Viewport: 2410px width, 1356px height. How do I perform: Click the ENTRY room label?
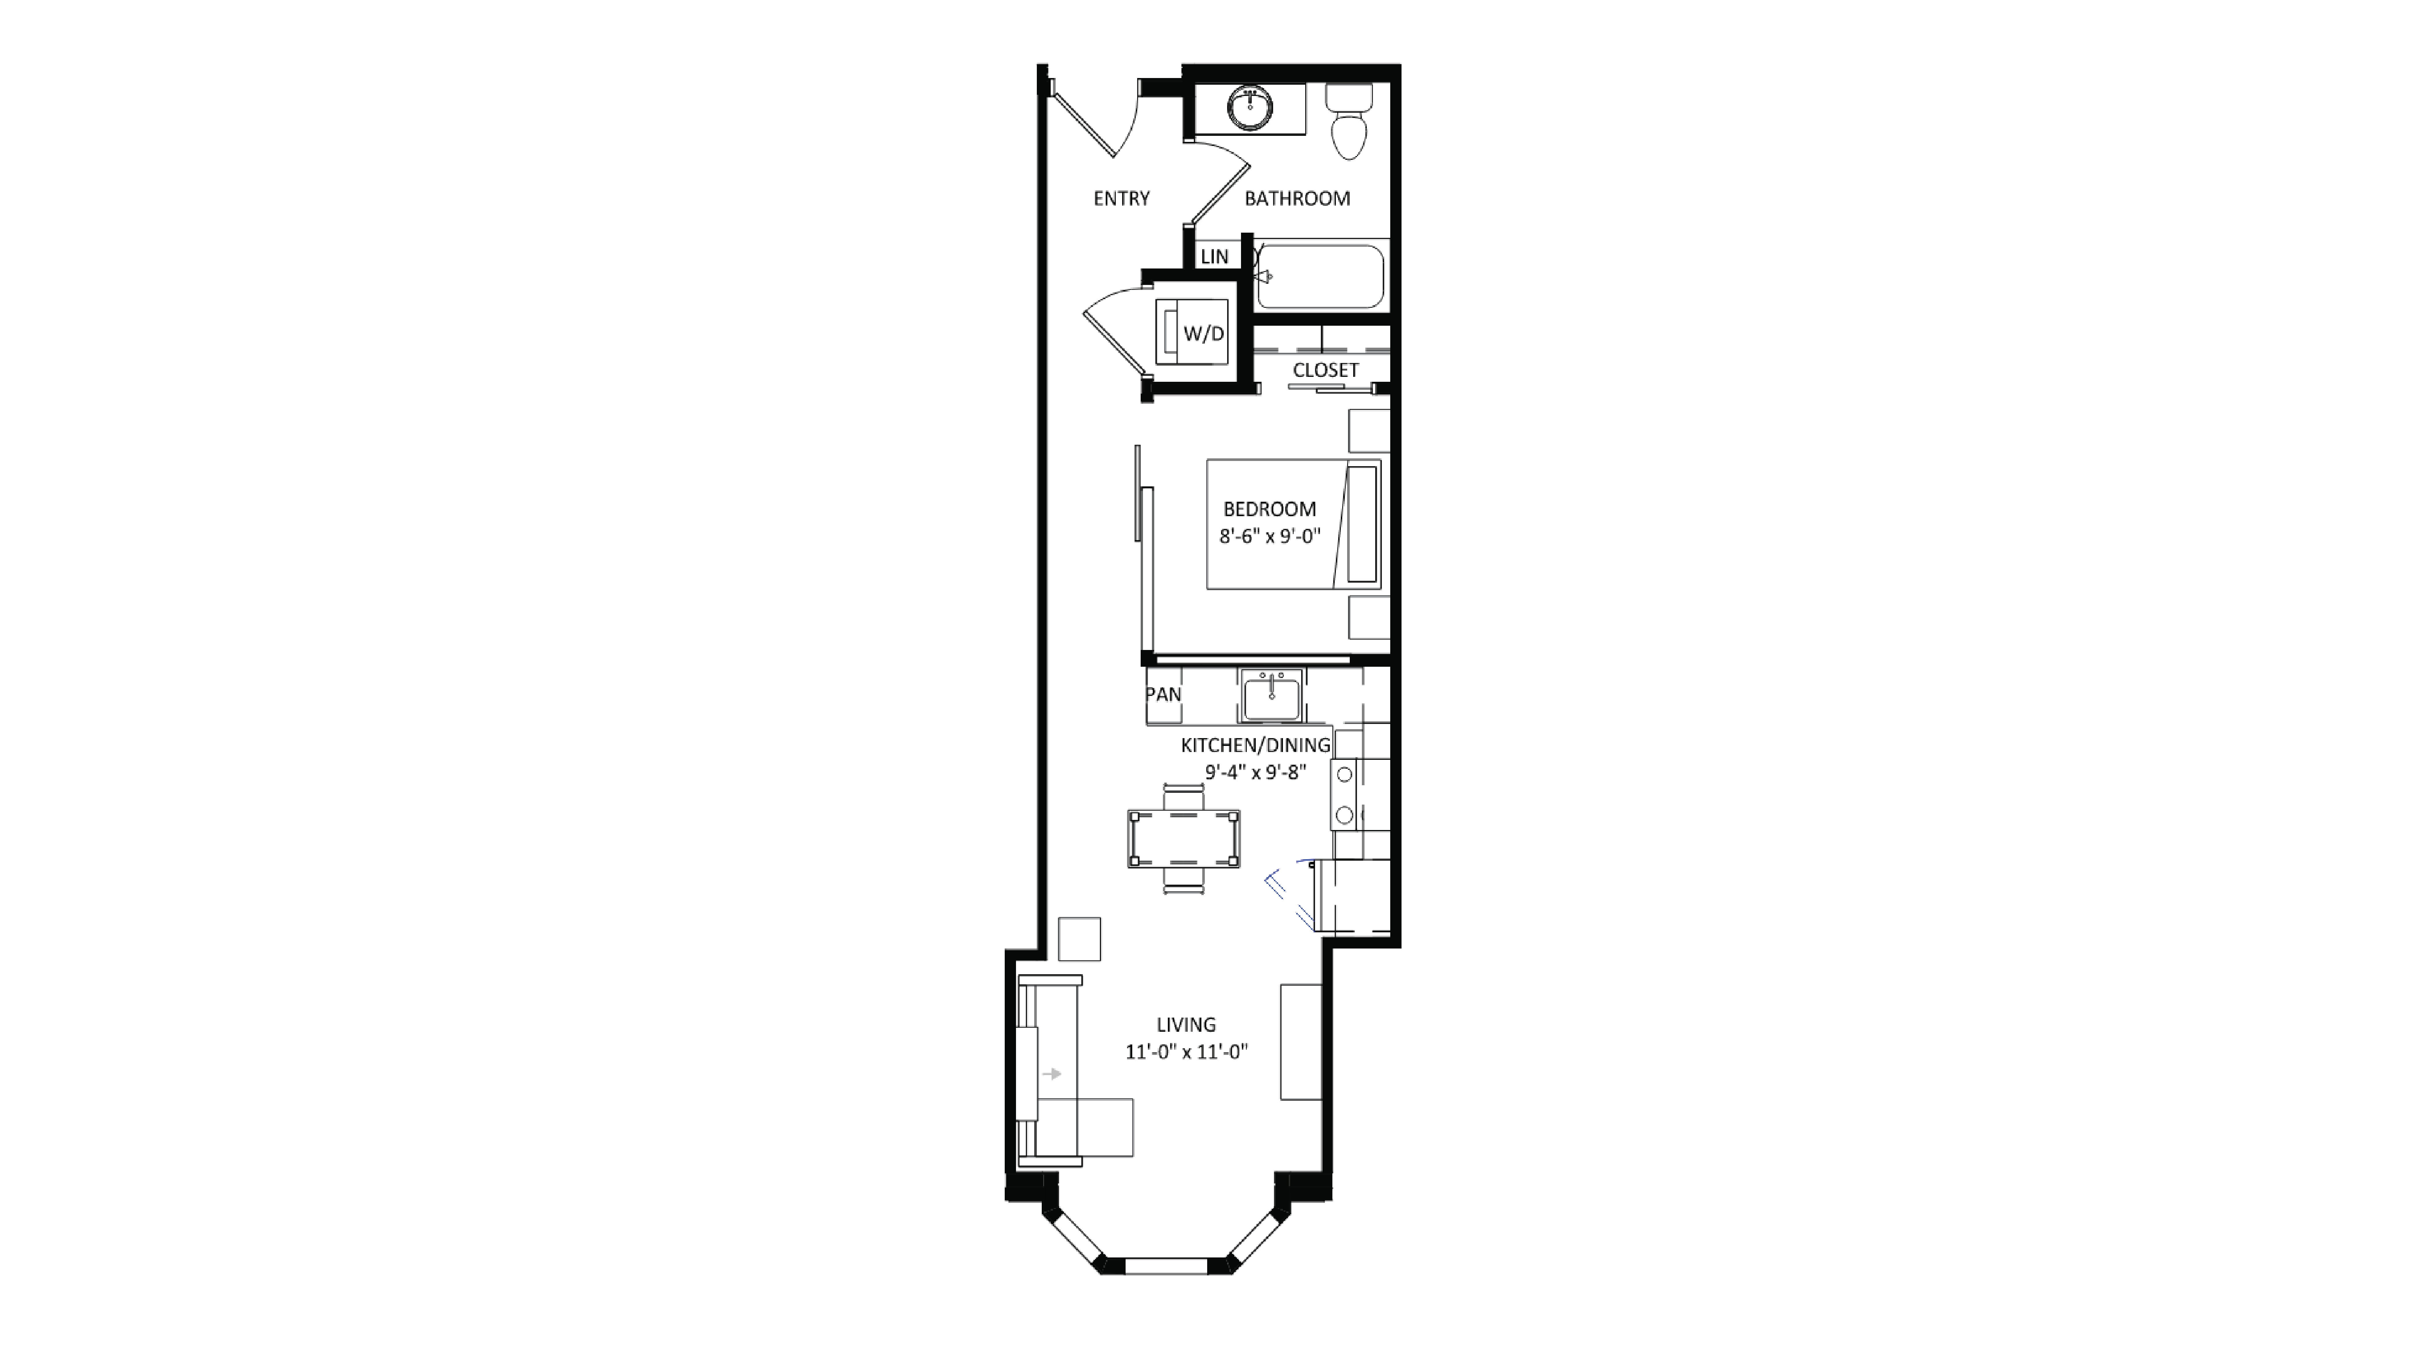click(1121, 198)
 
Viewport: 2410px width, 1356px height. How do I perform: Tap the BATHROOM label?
click(1297, 198)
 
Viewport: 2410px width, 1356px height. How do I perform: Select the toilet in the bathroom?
click(1349, 126)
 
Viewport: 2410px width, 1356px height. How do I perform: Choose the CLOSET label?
click(1325, 370)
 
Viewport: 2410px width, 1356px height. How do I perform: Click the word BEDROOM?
click(1270, 509)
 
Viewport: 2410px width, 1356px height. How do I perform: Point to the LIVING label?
click(1185, 1024)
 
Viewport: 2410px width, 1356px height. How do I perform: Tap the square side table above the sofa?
click(1079, 939)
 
